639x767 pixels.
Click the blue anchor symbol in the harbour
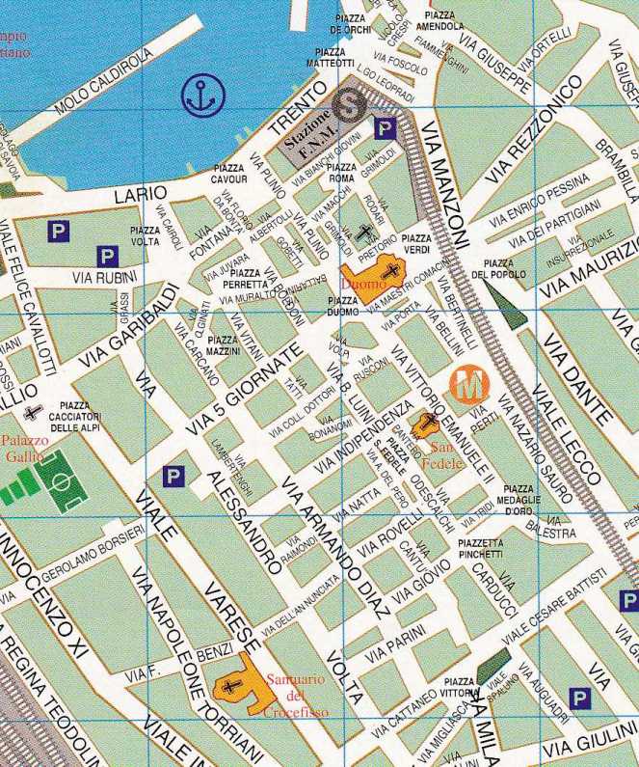coord(202,94)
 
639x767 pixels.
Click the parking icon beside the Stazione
coord(385,127)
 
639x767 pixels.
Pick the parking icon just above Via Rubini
coord(106,256)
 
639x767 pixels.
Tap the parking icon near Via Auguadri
coord(579,697)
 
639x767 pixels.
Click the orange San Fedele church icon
coord(424,424)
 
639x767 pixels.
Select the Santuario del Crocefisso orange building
coord(238,686)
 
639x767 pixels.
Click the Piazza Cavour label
coord(230,174)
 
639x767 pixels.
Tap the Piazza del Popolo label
coord(498,268)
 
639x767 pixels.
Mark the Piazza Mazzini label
coord(223,345)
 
